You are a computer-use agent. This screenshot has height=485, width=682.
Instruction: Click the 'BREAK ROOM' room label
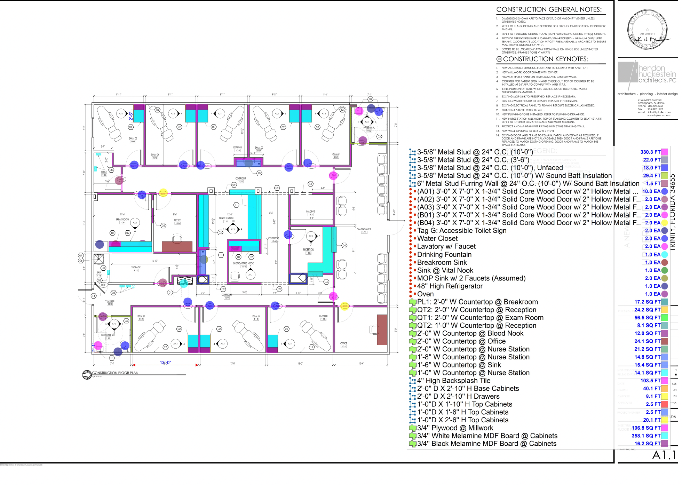coord(122,220)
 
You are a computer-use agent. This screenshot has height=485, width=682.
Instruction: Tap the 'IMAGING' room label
coord(310,212)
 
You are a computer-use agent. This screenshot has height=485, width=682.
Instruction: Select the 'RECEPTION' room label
coord(308,249)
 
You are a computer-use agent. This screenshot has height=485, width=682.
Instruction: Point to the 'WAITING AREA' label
coord(364,229)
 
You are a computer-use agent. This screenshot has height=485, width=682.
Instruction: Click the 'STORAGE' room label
coord(136,267)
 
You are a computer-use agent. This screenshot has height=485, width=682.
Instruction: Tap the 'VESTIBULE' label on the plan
coord(110,301)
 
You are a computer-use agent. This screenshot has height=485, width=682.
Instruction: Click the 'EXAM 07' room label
coord(256,316)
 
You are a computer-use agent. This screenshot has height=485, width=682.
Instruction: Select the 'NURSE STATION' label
coord(226,218)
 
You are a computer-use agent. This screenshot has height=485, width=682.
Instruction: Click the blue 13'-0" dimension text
coord(165,363)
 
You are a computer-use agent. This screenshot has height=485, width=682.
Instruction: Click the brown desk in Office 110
coord(177,246)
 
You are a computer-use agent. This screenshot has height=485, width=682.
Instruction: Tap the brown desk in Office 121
coord(382,329)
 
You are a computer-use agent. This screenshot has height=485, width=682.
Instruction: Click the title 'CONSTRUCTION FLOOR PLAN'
coord(115,373)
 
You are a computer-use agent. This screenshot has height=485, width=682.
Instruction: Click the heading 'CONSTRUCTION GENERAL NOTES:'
coord(549,10)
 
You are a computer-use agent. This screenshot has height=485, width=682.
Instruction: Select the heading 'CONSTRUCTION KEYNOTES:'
coord(546,59)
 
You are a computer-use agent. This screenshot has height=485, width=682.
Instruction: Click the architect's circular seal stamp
coord(647,30)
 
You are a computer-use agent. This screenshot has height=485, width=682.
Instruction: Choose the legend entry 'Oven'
coord(425,294)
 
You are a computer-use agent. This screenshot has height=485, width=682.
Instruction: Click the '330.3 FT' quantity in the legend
coord(650,152)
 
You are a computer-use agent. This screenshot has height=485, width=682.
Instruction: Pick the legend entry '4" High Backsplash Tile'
coord(454,381)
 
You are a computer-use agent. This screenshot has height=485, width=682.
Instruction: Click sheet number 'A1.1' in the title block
coord(664,455)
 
